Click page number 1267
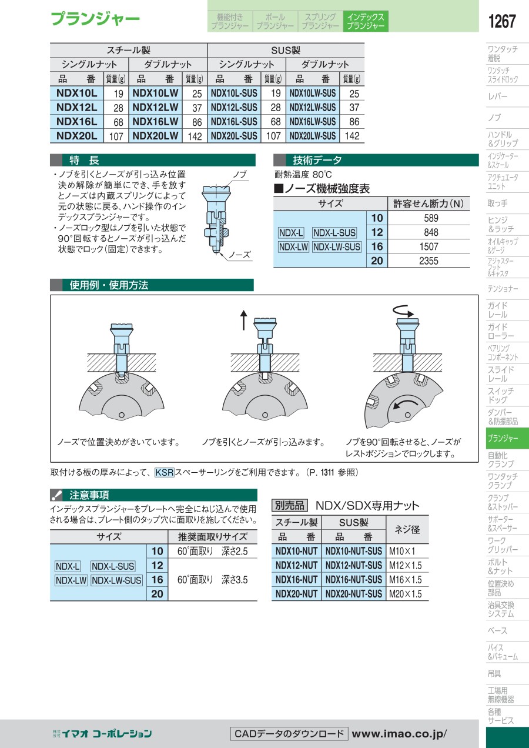[502, 21]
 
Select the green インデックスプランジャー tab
[366, 21]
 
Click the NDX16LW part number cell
[155, 122]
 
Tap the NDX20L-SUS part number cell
[234, 136]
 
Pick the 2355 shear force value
[428, 261]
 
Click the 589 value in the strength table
[431, 218]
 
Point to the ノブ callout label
[240, 174]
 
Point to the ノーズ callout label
[239, 255]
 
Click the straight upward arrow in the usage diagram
[244, 320]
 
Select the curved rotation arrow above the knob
[403, 310]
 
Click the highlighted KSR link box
[165, 472]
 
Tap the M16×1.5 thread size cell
[405, 579]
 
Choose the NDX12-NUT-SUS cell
[353, 565]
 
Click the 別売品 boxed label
[289, 505]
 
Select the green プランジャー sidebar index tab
[507, 438]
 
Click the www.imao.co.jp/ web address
[399, 734]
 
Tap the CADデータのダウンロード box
[289, 734]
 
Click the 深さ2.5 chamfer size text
[235, 551]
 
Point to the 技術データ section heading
[317, 161]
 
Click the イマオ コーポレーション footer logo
[102, 733]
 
